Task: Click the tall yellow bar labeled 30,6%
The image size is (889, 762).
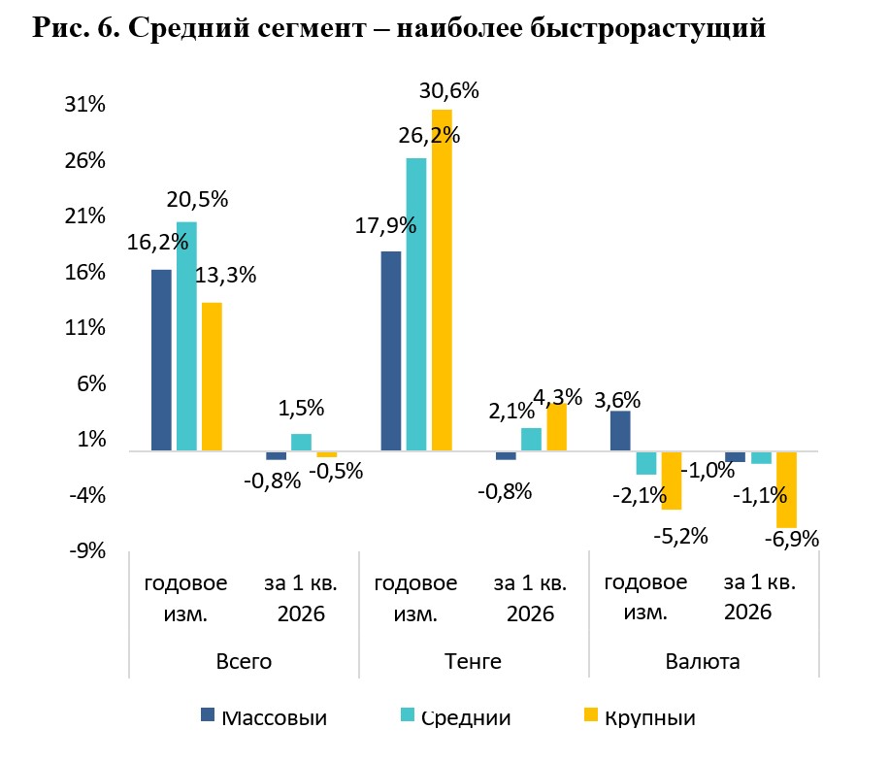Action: click(442, 281)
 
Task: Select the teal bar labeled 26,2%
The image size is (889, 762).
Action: click(416, 305)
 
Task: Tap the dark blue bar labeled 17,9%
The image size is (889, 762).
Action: click(391, 351)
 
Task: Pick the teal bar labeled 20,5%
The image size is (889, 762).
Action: click(186, 336)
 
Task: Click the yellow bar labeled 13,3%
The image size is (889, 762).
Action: click(212, 377)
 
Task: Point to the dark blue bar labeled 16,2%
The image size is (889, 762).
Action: click(161, 360)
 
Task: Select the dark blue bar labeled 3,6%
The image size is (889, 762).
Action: click(620, 431)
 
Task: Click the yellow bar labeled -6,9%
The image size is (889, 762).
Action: click(786, 490)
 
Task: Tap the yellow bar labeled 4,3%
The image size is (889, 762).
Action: click(557, 427)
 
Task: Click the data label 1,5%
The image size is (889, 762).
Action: click(301, 409)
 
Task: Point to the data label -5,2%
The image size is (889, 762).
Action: click(681, 536)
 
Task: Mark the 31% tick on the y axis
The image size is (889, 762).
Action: click(85, 104)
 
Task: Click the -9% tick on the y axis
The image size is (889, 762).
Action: click(88, 550)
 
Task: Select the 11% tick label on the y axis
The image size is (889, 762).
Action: click(85, 328)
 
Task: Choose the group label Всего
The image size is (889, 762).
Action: click(244, 662)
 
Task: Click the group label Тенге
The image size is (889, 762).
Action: click(473, 662)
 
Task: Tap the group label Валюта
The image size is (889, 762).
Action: click(703, 662)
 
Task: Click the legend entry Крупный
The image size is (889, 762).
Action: click(640, 717)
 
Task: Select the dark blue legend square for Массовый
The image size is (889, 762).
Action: click(208, 715)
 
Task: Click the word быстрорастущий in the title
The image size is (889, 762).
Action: click(647, 28)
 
